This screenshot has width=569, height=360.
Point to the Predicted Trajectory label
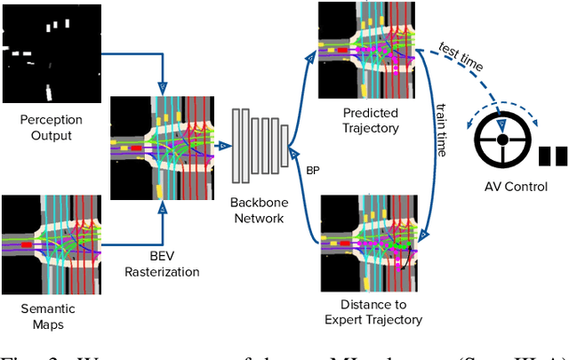[x=371, y=120]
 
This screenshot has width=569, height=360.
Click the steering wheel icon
[x=502, y=140]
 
